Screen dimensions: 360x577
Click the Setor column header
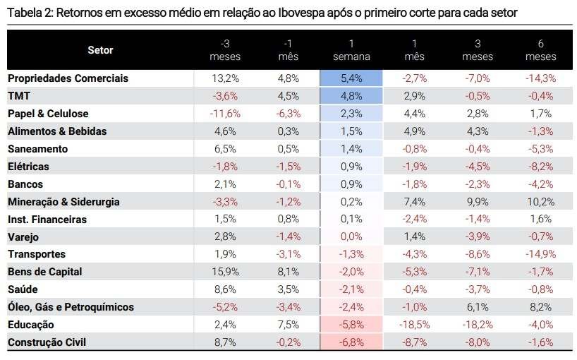[x=100, y=50]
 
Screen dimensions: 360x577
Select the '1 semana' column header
[x=351, y=50]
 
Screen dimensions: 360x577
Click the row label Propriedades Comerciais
[x=68, y=78]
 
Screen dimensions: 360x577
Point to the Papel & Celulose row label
[x=48, y=114]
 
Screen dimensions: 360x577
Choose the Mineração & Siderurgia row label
[x=63, y=202]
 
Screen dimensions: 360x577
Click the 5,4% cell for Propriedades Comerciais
[x=351, y=78]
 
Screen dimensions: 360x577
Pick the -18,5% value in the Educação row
[x=414, y=325]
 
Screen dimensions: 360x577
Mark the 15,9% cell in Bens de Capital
[x=226, y=272]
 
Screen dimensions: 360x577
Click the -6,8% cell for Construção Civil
[x=351, y=342]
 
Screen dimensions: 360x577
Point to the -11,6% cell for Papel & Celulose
[x=226, y=114]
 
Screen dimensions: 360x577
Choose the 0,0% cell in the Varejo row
[x=351, y=237]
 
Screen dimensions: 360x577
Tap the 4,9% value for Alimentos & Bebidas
[x=414, y=131]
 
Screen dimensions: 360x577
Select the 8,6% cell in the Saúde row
[x=226, y=289]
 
